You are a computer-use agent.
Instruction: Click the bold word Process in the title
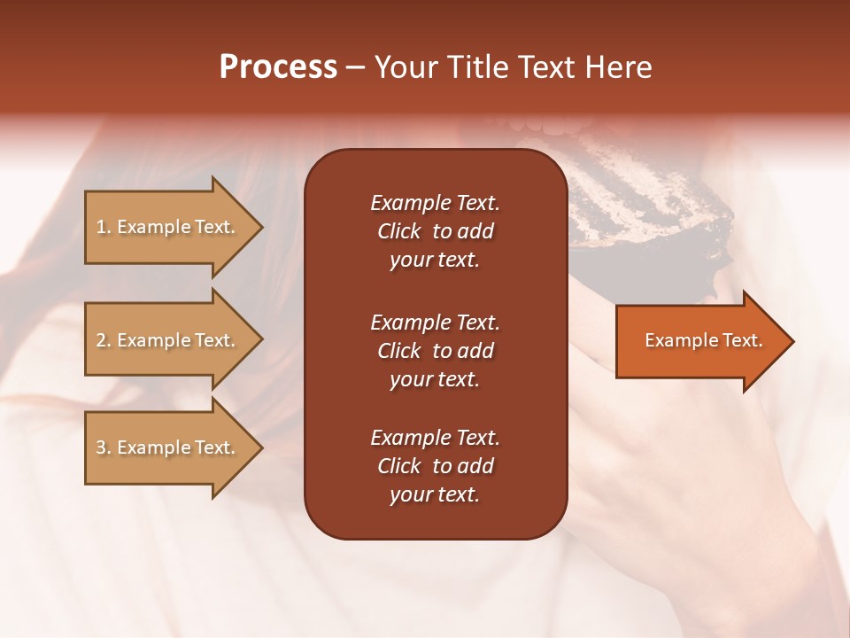278,67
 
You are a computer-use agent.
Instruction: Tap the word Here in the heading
617,67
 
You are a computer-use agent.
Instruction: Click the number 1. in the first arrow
104,227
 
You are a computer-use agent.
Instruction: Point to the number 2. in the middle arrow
104,340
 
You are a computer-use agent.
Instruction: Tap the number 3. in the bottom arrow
104,447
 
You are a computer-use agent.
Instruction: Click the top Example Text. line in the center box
435,203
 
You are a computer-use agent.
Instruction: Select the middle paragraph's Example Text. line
435,322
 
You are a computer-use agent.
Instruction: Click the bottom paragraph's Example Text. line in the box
435,438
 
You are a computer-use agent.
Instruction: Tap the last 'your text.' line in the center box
435,495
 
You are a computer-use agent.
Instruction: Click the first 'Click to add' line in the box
435,231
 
